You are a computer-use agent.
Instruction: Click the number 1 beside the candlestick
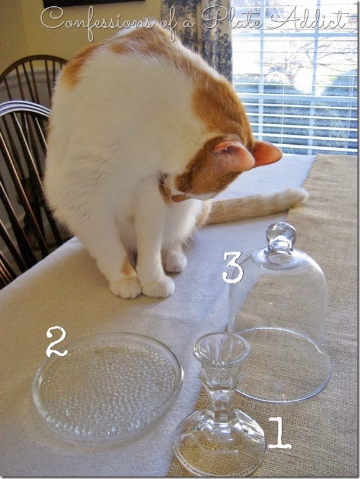(280, 433)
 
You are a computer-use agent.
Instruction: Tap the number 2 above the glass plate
(57, 341)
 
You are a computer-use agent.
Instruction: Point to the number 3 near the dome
(233, 267)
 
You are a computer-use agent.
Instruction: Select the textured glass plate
(108, 386)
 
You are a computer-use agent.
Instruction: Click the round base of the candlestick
(219, 444)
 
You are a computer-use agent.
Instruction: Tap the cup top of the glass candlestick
(221, 349)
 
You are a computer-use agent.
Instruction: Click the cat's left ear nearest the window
(267, 153)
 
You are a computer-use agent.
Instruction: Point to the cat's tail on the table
(258, 204)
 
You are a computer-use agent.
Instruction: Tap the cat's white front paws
(142, 287)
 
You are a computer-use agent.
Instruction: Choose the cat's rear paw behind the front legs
(174, 260)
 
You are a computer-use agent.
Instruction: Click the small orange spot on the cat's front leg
(127, 267)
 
